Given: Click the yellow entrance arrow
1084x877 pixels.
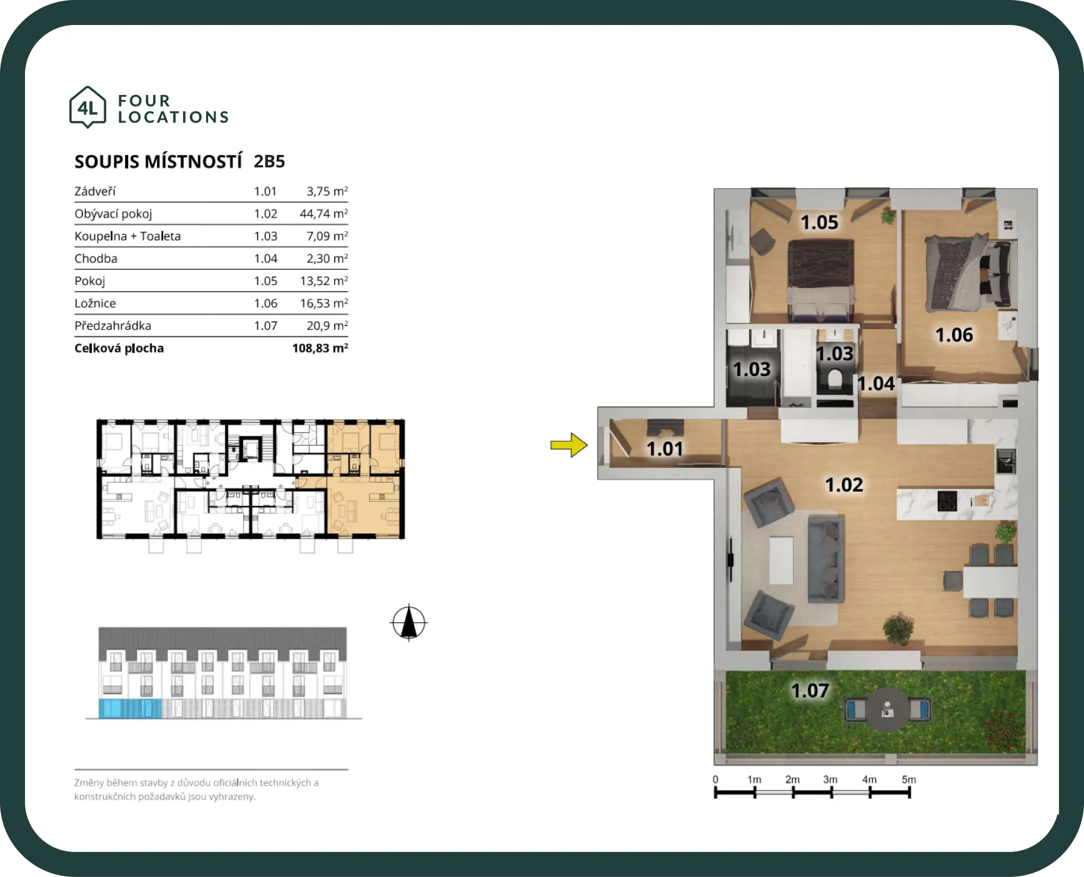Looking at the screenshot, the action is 569,445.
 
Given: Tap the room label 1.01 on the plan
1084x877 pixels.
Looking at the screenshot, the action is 665,448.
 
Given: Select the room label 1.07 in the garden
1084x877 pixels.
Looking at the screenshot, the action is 810,690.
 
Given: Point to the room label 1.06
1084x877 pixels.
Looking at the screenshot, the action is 954,335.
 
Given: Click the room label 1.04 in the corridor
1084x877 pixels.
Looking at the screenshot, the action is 876,384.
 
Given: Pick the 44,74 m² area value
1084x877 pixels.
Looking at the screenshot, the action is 324,214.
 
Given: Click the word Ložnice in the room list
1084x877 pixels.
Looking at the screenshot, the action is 95,303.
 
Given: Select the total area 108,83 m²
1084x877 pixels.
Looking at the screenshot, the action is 320,348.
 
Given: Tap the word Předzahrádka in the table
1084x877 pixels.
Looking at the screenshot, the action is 112,325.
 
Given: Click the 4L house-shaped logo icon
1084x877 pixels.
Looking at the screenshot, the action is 88,107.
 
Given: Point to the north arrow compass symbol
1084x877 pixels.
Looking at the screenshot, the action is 409,623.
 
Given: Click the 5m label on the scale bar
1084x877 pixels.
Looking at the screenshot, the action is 909,780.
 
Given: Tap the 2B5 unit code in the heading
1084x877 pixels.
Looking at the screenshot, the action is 269,161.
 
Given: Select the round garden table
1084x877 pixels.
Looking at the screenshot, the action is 887,710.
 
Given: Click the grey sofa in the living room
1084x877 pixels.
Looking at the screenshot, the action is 825,558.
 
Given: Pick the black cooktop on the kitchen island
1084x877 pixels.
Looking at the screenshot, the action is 947,501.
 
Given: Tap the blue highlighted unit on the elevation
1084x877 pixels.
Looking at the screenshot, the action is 130,708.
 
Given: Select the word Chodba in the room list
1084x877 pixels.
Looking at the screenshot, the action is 96,258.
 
